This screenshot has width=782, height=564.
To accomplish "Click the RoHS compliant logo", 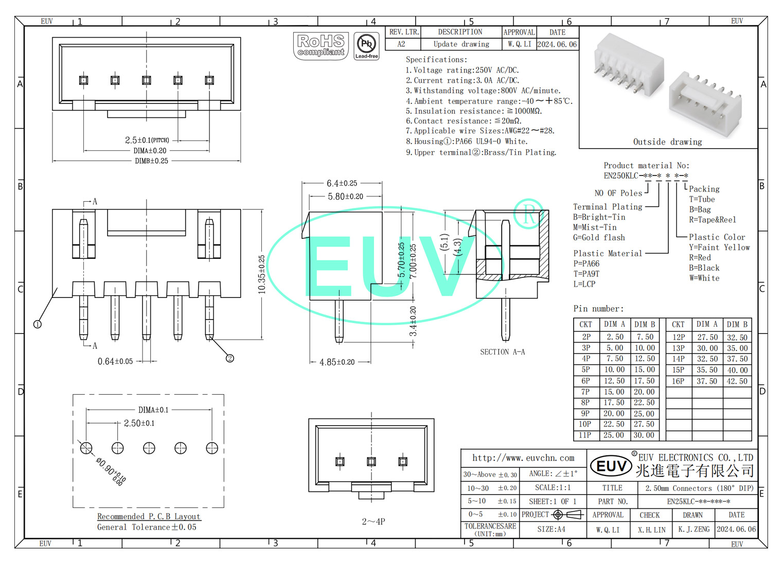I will coord(321,46).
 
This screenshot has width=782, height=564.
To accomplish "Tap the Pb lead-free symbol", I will coord(366,46).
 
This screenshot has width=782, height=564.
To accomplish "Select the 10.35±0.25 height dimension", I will coord(262,274).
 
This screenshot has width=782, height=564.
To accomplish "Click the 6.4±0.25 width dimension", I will coord(342,183).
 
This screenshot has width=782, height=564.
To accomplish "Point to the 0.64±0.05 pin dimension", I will coord(115,361).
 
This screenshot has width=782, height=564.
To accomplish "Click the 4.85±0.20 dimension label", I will coord(337,362).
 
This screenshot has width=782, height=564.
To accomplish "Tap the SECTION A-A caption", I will coord(502,352).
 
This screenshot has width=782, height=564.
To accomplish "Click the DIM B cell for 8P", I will coord(644,402).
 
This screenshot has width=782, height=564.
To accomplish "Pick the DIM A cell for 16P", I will coord(707,381).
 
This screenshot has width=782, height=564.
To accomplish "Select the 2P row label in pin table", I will coord(586,337).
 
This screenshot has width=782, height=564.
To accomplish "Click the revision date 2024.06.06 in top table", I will coord(557,44).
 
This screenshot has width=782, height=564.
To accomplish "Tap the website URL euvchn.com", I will coord(523,457).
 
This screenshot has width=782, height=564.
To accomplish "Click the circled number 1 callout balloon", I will coord(38,324).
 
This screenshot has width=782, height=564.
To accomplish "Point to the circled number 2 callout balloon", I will coord(230,358).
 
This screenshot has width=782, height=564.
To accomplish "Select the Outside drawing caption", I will coord(667,142).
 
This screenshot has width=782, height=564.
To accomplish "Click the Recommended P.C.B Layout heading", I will coord(149,516).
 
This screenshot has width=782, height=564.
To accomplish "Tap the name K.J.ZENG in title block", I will coord(694,529).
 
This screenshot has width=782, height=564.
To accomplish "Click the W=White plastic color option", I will coord(704,278).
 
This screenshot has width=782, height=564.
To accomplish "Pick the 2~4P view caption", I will coord(373,521).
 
